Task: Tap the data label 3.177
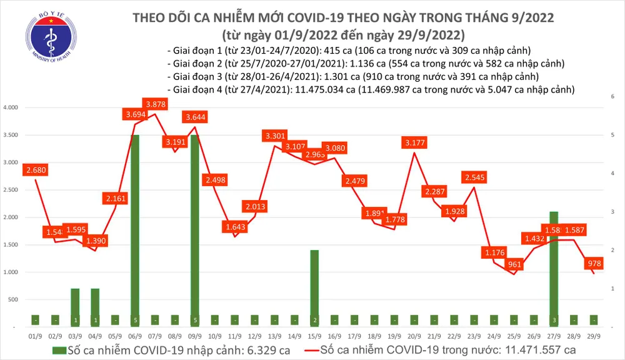[x=415, y=143]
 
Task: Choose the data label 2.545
[x=476, y=177]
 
